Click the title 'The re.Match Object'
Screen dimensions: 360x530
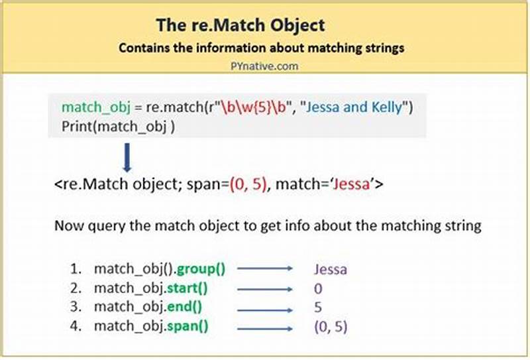tap(240, 26)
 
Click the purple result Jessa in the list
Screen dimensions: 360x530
tap(331, 270)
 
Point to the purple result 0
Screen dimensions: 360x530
tap(318, 289)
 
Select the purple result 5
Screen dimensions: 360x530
tap(318, 308)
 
